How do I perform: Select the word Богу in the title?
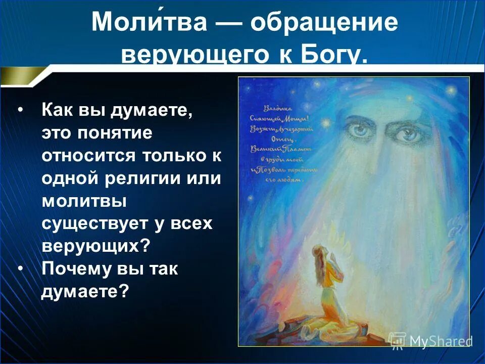tap(333, 55)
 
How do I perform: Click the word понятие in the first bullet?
tap(125, 133)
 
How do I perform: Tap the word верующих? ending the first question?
tap(96, 246)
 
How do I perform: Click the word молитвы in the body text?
tap(84, 202)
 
